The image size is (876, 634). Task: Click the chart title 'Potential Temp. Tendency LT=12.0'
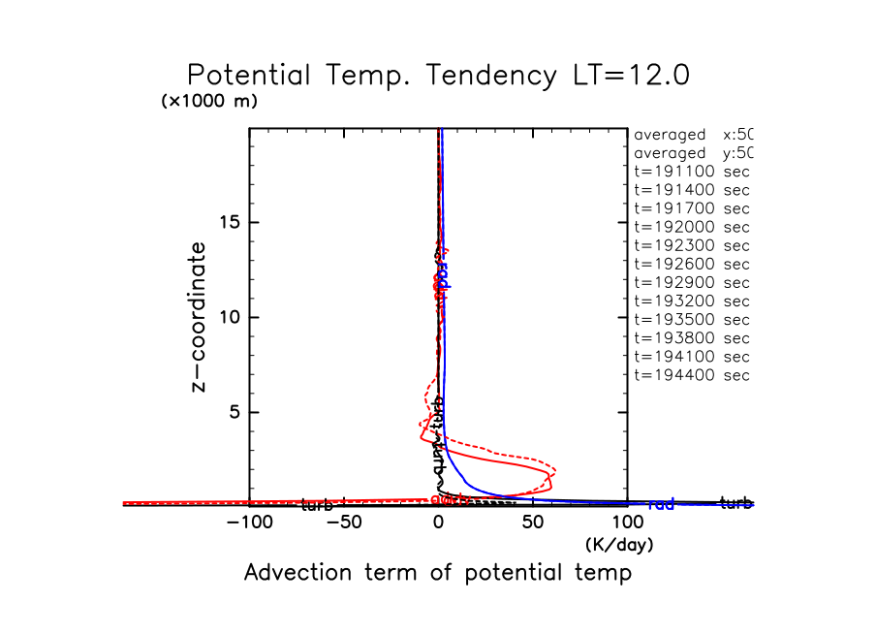pos(438,76)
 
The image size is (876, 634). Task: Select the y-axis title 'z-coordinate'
pos(201,317)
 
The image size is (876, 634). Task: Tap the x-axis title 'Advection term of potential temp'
pos(438,573)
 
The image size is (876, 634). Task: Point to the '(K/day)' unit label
pos(619,545)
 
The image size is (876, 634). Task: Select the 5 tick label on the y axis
pos(235,413)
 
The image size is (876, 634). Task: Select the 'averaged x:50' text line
pos(692,135)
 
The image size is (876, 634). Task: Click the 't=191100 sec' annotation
pos(692,172)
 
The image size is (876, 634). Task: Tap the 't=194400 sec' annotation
pos(692,375)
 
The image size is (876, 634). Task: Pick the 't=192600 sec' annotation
pos(692,264)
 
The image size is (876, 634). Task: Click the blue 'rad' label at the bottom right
pos(661,504)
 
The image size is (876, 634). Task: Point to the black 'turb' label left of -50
pos(317,505)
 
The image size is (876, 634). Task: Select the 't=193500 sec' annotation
pos(692,320)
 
